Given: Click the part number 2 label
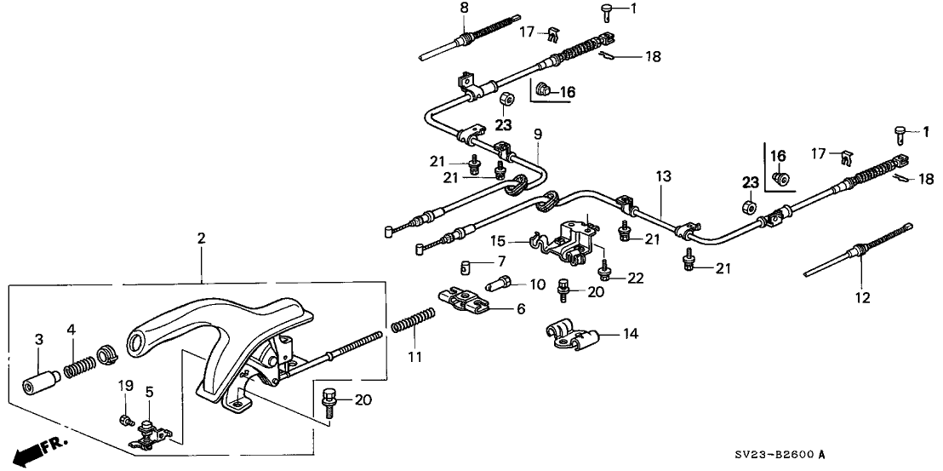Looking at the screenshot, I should tap(201, 239).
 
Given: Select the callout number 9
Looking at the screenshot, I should tap(537, 135).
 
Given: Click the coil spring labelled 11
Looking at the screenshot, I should tap(414, 324).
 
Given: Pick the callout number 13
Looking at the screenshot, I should tap(663, 177).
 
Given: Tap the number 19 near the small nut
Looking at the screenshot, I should tap(124, 386).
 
